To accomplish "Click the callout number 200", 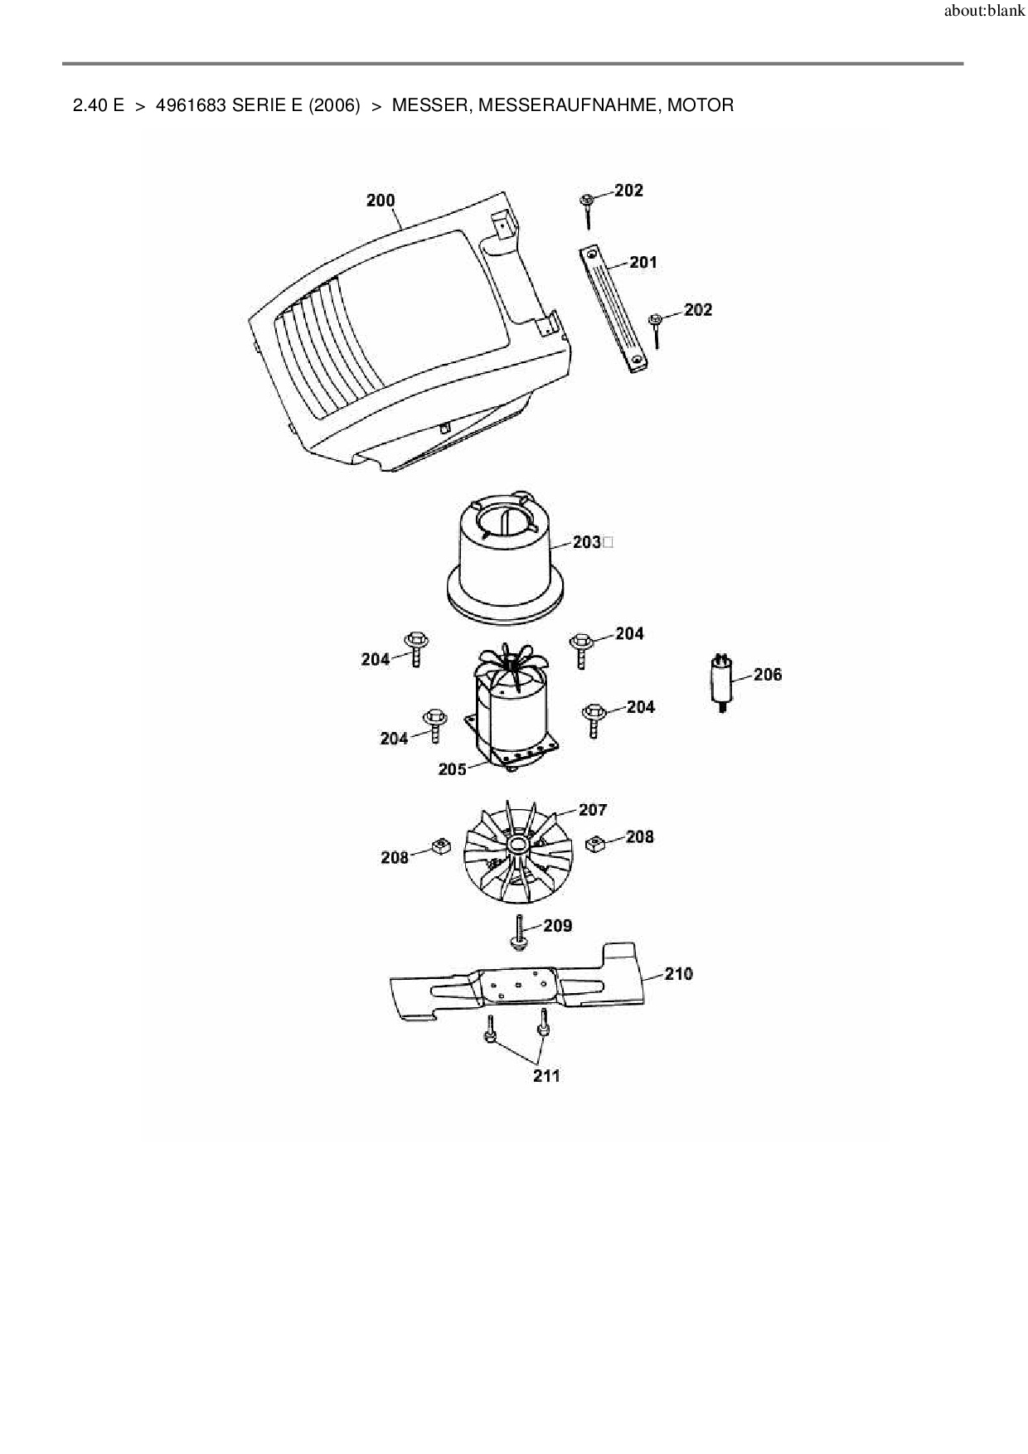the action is [381, 201].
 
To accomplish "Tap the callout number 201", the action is [643, 263].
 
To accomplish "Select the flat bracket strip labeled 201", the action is [613, 309].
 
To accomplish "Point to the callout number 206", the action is [768, 675].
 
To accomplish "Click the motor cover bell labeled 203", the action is [505, 565].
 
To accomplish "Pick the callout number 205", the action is [453, 769].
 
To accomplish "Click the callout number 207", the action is [593, 810].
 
